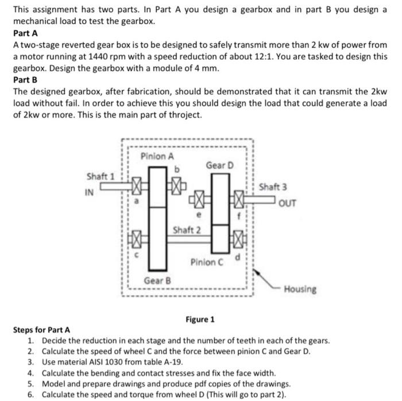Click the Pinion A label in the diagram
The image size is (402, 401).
coord(157,156)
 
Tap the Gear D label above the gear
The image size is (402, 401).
coord(220,165)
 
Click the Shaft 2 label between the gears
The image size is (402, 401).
coord(187,230)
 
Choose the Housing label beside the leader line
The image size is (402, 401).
coord(300,289)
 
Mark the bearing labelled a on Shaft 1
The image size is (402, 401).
coord(137,187)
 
